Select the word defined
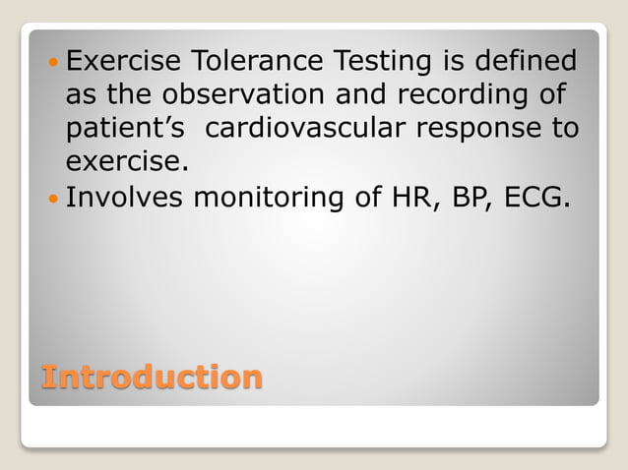[525, 63]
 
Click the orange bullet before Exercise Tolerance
[53, 63]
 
